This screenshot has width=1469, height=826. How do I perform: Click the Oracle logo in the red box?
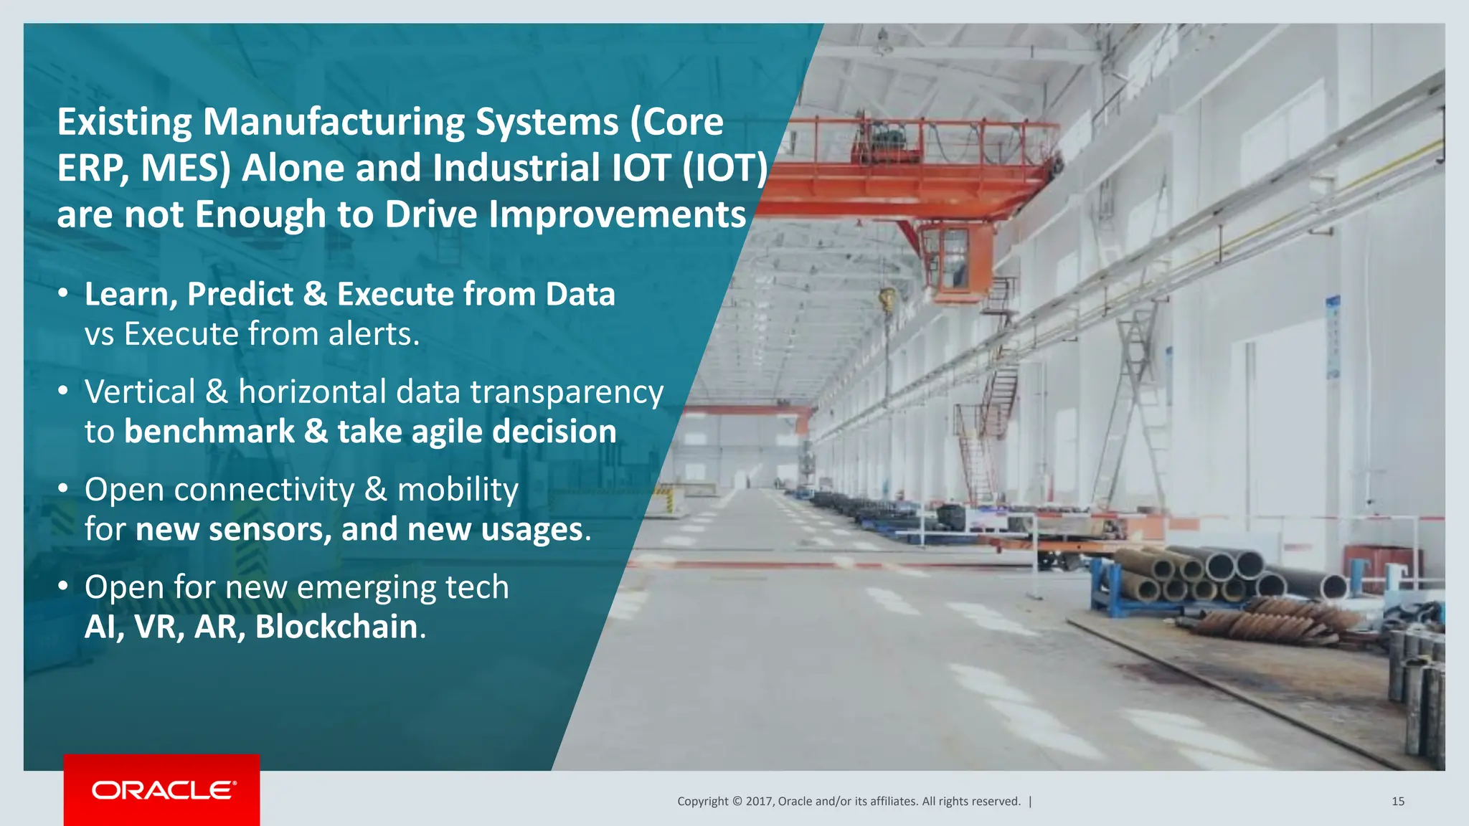(164, 790)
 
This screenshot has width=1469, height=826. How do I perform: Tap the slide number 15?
(1397, 802)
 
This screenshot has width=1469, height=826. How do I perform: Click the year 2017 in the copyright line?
(759, 802)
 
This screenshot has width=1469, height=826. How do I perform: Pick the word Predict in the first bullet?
(240, 295)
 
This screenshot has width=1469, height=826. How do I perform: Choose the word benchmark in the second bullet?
(209, 432)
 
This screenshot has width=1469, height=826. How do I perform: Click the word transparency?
(567, 393)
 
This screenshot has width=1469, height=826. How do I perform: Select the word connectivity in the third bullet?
(264, 490)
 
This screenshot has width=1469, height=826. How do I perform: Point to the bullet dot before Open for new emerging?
(63, 587)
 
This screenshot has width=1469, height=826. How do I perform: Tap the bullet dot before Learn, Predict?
(63, 294)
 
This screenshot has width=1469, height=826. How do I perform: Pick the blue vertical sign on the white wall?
(1333, 337)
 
